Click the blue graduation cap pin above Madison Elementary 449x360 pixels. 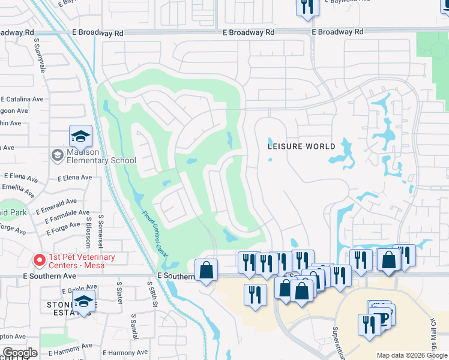tap(80, 137)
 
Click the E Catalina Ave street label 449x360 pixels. tap(22, 99)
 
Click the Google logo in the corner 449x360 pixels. tap(20, 353)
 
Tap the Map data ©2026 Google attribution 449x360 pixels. tap(412, 355)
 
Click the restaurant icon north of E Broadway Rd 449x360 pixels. tap(305, 7)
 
